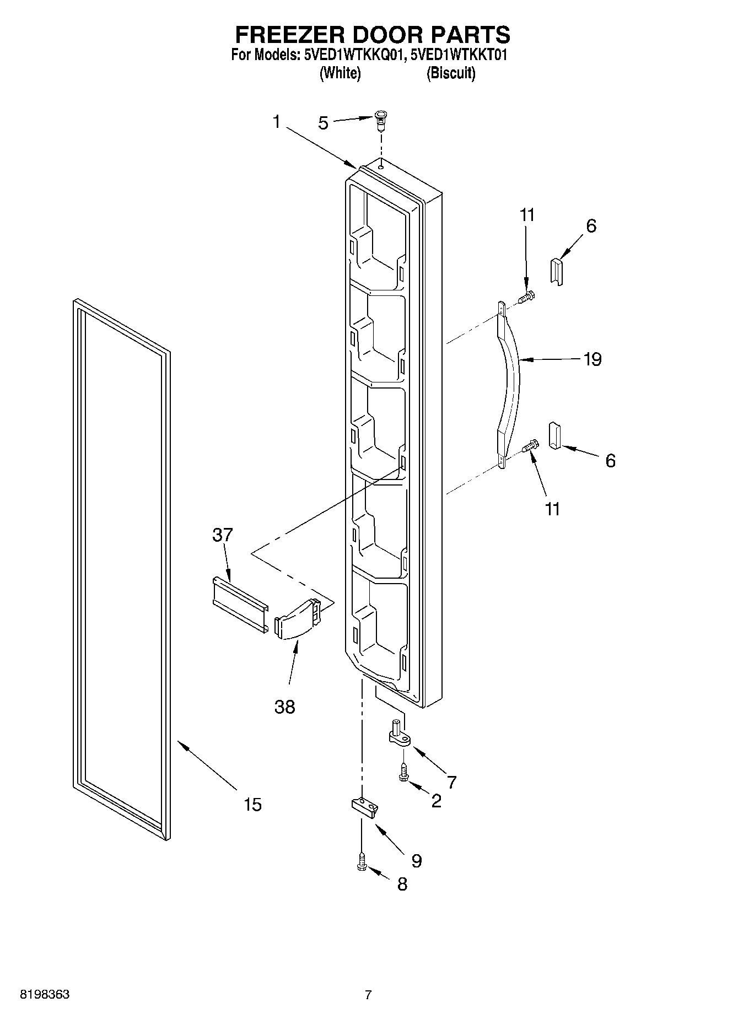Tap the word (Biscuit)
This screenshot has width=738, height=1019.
click(450, 73)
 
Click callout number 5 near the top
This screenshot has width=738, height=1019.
click(323, 123)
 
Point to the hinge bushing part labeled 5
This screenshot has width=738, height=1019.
click(380, 120)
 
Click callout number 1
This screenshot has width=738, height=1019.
click(276, 122)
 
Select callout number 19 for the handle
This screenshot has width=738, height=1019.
click(592, 359)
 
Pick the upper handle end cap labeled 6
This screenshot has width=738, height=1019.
click(557, 271)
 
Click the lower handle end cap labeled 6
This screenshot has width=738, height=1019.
click(554, 436)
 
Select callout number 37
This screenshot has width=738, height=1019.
click(223, 535)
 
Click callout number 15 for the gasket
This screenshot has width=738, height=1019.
click(252, 805)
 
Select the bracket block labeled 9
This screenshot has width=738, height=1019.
click(364, 807)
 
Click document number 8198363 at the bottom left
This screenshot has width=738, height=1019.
click(45, 995)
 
